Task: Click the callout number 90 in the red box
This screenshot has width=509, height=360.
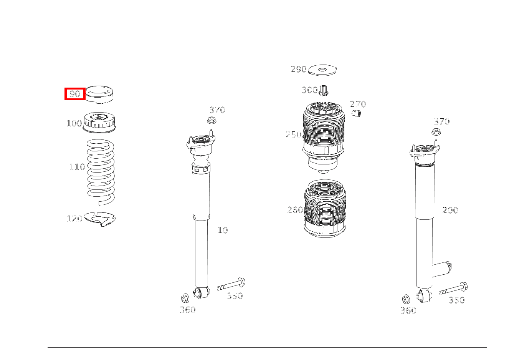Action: pos(74,94)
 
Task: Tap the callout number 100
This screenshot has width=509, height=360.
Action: pos(74,123)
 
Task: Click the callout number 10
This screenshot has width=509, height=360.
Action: pos(223,230)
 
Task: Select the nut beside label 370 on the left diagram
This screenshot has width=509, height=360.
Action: pos(211,120)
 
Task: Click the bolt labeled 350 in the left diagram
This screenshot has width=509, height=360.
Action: pos(231,285)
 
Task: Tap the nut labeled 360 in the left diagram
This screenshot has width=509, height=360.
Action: pos(185,298)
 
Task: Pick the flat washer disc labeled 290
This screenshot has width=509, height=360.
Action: pos(322,70)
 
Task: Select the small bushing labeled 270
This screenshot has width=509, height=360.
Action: pos(357,113)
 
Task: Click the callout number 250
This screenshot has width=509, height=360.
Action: pos(294,134)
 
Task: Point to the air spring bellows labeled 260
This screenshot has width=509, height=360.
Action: pos(325,209)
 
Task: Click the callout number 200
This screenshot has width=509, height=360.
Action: pos(450,210)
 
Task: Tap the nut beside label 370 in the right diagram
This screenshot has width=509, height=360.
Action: pos(436,132)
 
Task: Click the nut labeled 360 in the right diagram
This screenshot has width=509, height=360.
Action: pos(406,299)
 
